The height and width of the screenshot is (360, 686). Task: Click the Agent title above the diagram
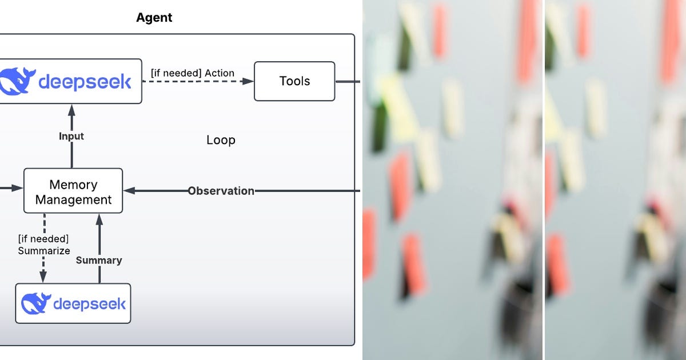coord(154,18)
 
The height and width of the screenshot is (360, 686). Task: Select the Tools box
coord(294,81)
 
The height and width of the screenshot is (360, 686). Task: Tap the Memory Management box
coord(73,191)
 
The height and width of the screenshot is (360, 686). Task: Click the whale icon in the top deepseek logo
coord(17,81)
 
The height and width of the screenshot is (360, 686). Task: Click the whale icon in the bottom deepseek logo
coord(35,303)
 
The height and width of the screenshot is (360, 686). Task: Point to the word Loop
coord(221,140)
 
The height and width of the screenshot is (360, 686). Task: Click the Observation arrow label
coord(221,191)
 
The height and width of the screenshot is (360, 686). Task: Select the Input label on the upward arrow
coord(71,136)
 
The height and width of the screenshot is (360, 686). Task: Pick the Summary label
coord(99,260)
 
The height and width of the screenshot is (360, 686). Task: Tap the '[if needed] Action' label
coord(192,73)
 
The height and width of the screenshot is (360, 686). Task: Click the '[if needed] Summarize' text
coord(44,245)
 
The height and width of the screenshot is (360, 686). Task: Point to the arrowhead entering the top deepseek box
coord(71,109)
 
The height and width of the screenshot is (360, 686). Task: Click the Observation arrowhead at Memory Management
coord(129,191)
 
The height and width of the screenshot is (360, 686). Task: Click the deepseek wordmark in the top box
coord(85,82)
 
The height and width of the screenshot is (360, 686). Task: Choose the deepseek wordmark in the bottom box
coord(89,303)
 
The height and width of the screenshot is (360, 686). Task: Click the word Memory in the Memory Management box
coord(73,185)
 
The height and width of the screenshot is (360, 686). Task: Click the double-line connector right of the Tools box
coord(348,82)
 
